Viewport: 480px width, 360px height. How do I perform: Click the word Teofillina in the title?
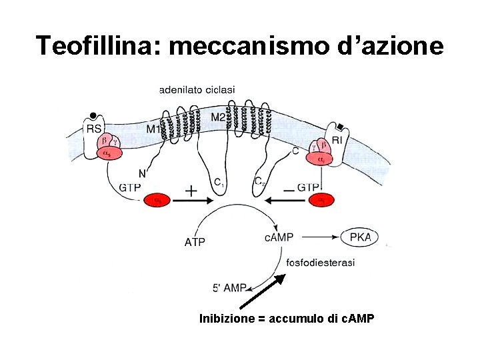[97, 45]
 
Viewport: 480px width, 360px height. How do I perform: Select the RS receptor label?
[94, 129]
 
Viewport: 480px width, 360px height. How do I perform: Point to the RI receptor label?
[337, 140]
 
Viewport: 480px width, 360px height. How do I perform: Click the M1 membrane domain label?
[153, 129]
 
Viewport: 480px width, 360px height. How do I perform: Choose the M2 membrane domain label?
[218, 117]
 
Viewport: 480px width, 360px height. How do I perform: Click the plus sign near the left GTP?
[191, 191]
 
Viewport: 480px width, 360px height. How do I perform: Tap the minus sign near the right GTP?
[289, 191]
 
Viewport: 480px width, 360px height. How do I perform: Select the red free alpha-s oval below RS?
[157, 199]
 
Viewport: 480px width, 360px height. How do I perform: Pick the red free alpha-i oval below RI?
[321, 199]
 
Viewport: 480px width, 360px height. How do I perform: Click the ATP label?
[195, 242]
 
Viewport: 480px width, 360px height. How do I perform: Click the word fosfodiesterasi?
[320, 262]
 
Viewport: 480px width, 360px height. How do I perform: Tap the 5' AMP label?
[229, 288]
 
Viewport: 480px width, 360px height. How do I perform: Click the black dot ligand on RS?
[93, 115]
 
